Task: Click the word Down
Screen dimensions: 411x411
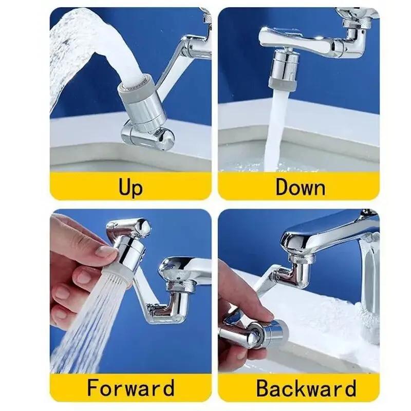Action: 300,186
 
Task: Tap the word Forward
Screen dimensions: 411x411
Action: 130,387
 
